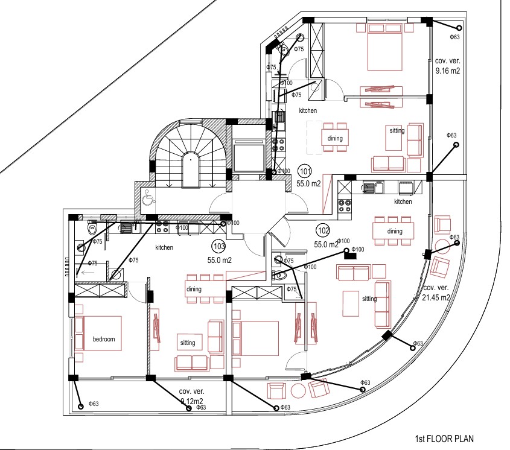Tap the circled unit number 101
point(305,170)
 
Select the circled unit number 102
point(323,230)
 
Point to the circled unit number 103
point(218,246)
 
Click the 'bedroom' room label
point(103,339)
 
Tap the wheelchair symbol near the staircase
point(147,197)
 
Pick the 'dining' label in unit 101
point(335,138)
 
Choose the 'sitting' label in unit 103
point(188,343)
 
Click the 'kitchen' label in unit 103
point(164,247)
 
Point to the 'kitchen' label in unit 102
point(403,201)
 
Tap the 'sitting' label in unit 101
point(397,130)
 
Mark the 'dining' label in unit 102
point(395,231)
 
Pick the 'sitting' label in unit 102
point(369,299)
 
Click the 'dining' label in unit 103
point(194,289)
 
